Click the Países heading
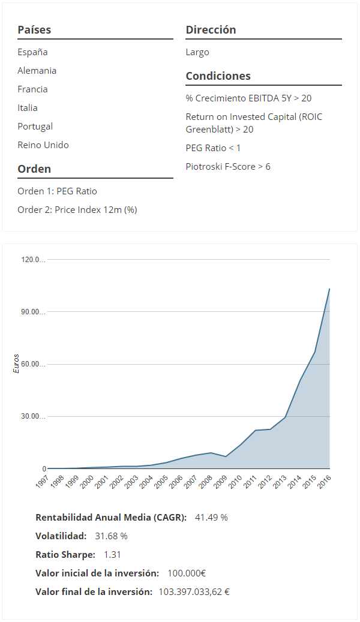(34, 29)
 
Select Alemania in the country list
(37, 71)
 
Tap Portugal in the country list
(35, 127)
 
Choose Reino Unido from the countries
(43, 145)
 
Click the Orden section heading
(34, 169)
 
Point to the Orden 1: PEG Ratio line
(57, 191)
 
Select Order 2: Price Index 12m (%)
(77, 210)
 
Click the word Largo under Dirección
(197, 52)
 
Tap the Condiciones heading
(218, 76)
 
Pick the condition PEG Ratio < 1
(213, 148)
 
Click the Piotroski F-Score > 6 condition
(228, 167)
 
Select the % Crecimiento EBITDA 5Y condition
(248, 98)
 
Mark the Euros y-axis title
(16, 363)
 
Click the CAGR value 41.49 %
(211, 518)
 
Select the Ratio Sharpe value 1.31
(112, 555)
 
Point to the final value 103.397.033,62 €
(194, 592)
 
